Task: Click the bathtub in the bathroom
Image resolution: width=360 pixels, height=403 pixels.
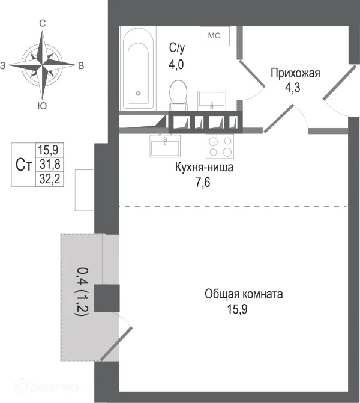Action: pyautogui.click(x=138, y=68)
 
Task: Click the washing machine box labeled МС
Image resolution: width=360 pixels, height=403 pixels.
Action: pyautogui.click(x=214, y=36)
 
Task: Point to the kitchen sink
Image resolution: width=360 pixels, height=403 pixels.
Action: pyautogui.click(x=165, y=145)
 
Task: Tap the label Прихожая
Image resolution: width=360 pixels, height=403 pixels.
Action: pyautogui.click(x=295, y=74)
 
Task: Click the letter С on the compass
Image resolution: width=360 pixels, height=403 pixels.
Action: pyautogui.click(x=43, y=23)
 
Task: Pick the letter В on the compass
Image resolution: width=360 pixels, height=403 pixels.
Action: pyautogui.click(x=81, y=65)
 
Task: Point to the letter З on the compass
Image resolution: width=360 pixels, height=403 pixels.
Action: pyautogui.click(x=4, y=65)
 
